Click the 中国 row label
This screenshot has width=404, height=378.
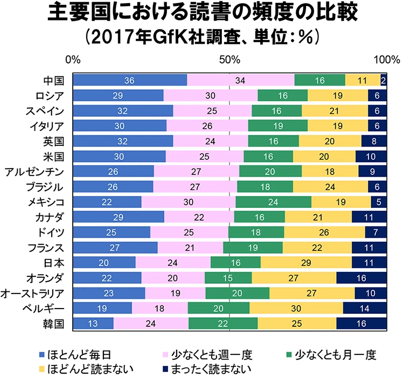[54, 80]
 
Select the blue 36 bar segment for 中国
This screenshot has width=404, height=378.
[129, 80]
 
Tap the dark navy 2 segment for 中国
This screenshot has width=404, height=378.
[384, 80]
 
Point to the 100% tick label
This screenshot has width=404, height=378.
[387, 59]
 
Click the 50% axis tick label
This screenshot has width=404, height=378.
[230, 59]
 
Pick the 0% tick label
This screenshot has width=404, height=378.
[73, 59]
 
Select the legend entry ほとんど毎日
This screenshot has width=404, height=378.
[78, 355]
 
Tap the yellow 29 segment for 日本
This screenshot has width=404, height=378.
[306, 263]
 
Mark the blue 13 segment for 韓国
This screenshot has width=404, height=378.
[93, 324]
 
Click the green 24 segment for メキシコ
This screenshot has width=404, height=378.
[273, 202]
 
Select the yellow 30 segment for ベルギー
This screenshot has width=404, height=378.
[296, 309]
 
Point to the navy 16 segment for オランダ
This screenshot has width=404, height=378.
[361, 278]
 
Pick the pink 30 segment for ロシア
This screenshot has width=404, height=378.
[210, 96]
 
